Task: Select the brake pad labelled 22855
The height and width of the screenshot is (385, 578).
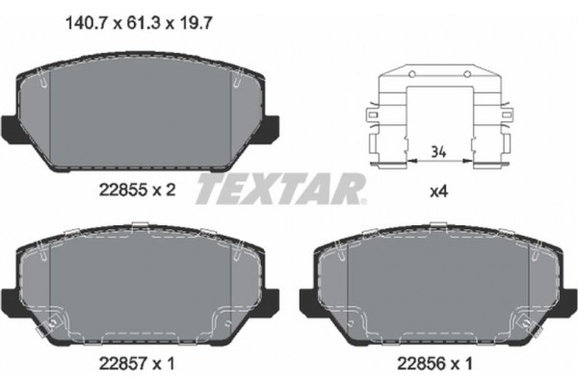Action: [x=142, y=115]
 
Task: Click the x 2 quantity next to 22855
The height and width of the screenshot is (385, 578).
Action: [x=165, y=191]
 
